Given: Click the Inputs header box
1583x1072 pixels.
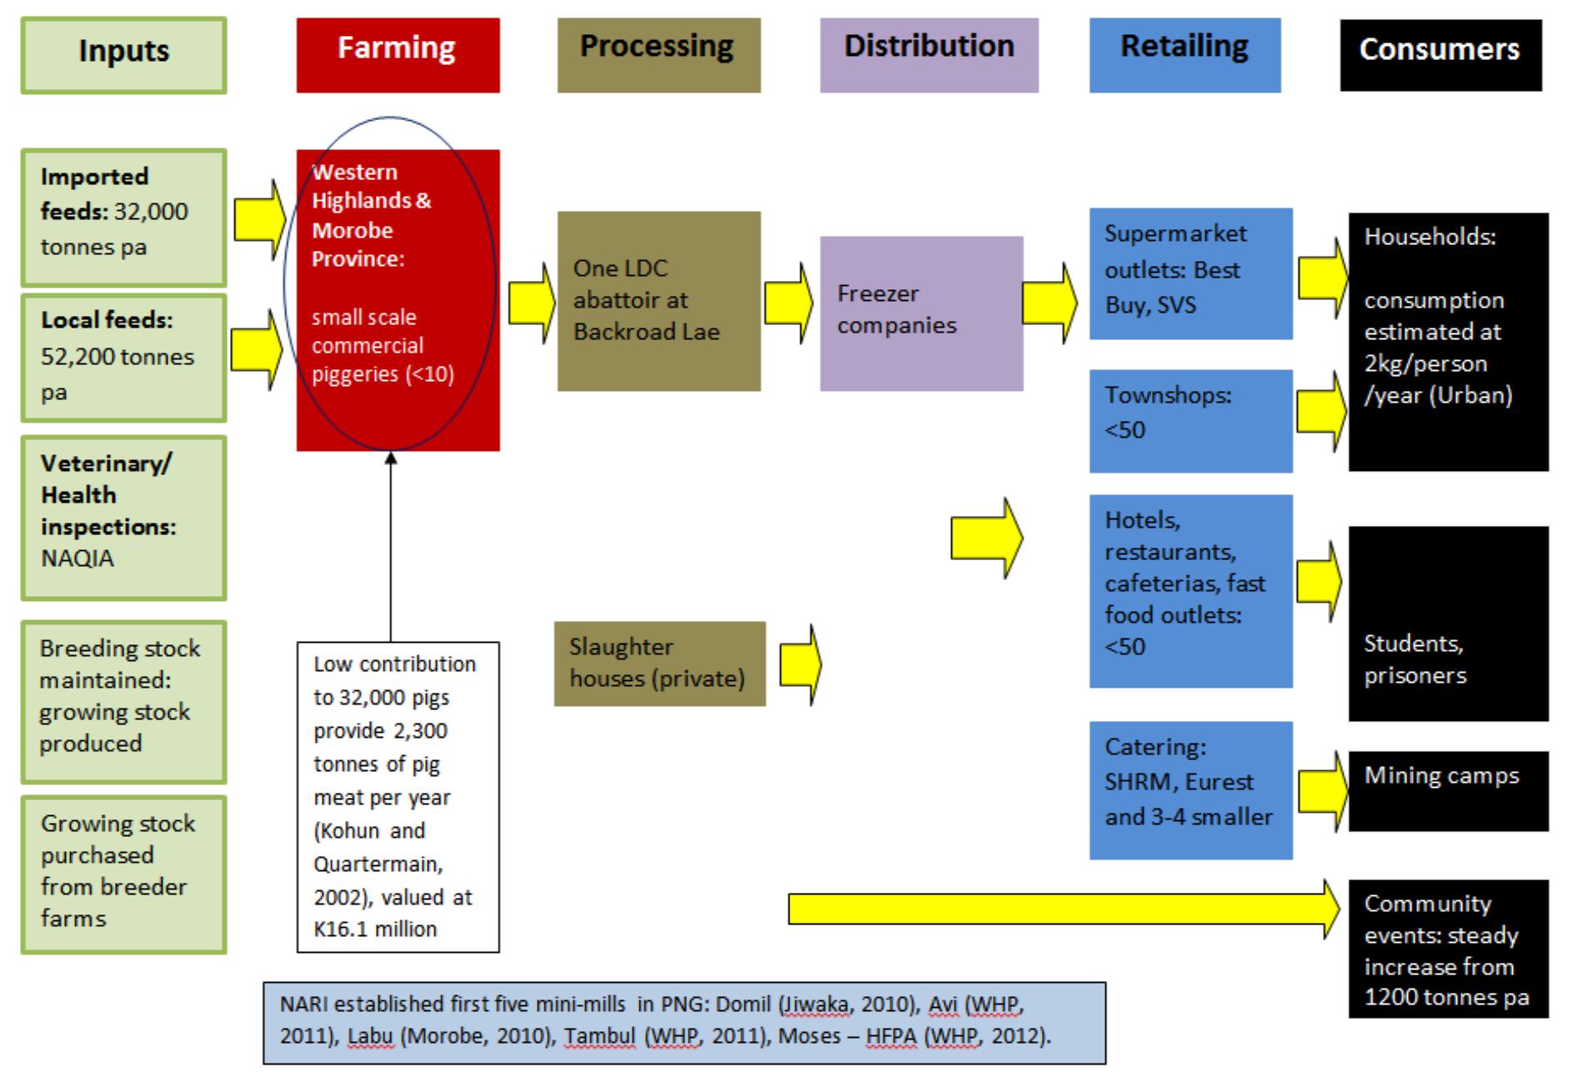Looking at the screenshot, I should point(123,55).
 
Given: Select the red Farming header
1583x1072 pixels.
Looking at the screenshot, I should point(398,55).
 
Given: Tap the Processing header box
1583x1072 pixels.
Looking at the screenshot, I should point(659,55).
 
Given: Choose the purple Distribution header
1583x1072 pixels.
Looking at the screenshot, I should point(929,55).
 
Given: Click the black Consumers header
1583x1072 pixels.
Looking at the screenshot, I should point(1440,55).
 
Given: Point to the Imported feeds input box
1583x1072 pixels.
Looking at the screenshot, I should point(123,217).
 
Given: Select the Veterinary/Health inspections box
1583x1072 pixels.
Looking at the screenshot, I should point(123,517).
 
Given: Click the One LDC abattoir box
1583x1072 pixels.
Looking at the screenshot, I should point(659,301).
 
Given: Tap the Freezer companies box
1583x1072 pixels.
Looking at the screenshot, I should point(921,313).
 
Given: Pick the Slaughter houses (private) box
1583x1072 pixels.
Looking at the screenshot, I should point(659,664).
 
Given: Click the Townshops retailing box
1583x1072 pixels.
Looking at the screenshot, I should point(1190,420).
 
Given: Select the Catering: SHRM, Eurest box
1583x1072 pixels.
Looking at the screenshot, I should point(1190,789).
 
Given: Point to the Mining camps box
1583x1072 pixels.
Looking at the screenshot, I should point(1448,790).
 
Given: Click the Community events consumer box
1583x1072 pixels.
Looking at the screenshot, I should point(1448,949).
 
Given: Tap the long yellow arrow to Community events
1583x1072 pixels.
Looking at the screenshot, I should point(1059,909).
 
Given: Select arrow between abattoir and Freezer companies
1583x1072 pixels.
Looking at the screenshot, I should point(789,303).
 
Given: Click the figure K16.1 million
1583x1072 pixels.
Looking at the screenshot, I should point(375,929).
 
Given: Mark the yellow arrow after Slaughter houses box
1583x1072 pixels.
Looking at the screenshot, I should point(800,665).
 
